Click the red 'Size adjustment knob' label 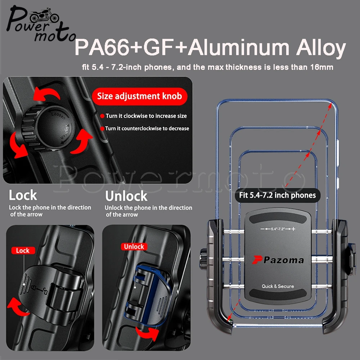coord(139,96)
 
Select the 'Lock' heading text coord(23,195)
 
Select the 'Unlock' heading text coord(126,196)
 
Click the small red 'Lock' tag coord(23,251)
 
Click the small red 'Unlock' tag coord(134,247)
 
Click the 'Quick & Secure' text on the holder coord(278,286)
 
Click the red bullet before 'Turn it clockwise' coord(102,116)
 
